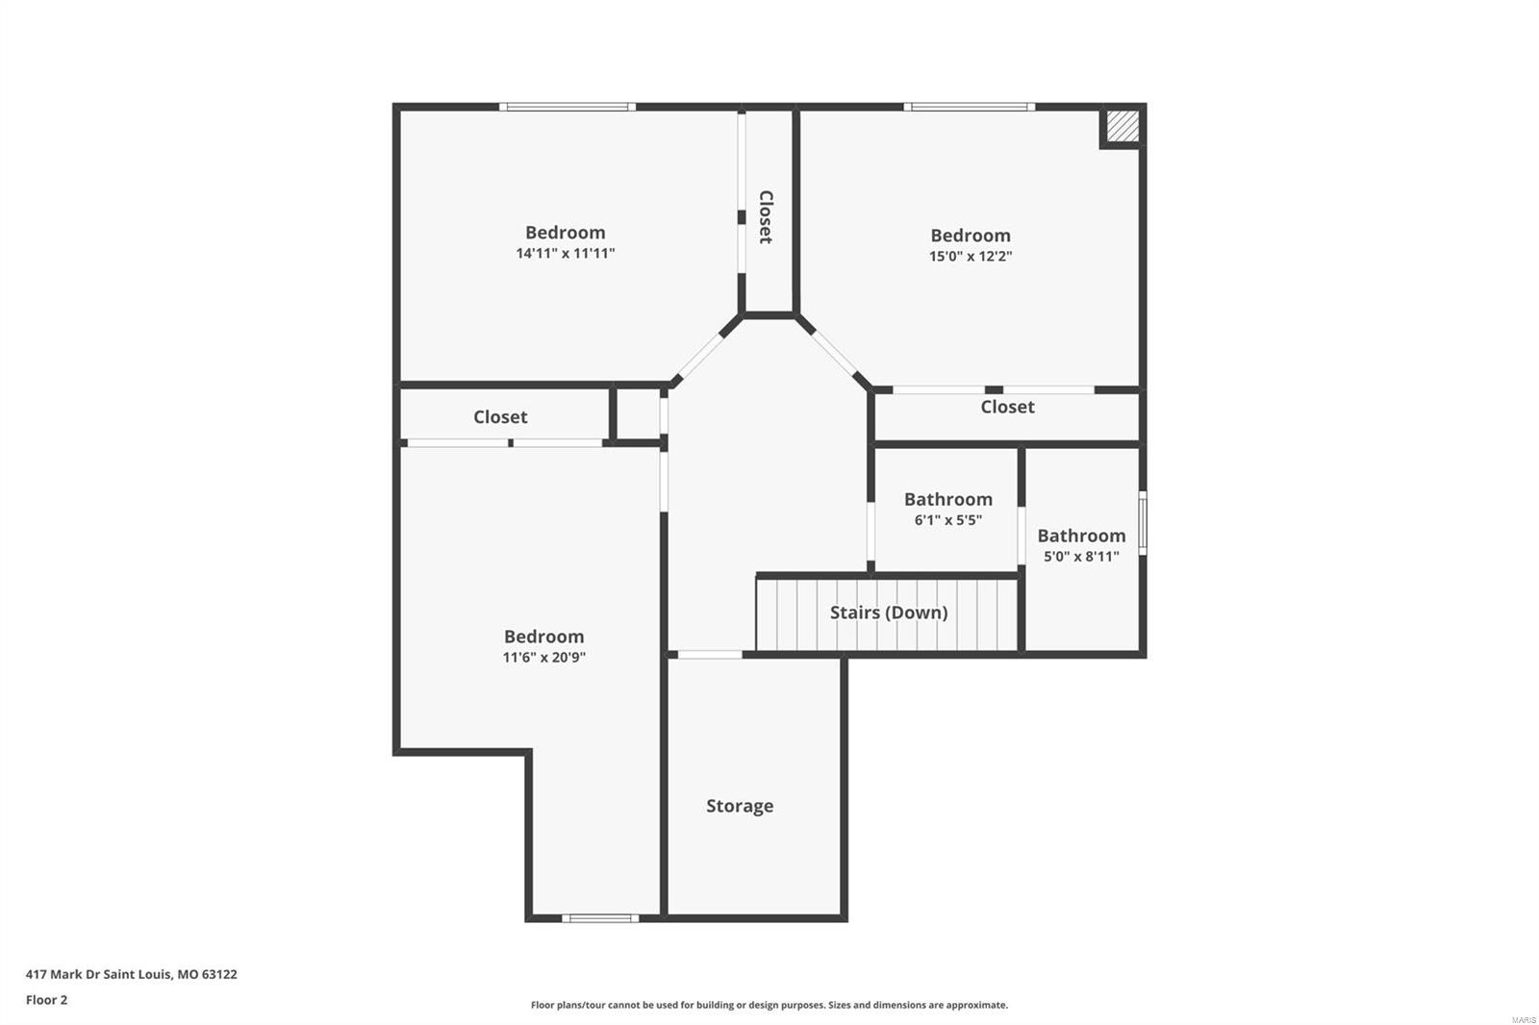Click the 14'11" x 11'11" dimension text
565,254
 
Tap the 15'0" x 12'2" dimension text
970,257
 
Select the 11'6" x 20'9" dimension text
543,658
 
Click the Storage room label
739,806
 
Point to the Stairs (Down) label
888,612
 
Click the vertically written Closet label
766,216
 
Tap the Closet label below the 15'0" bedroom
1007,407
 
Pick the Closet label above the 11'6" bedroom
500,416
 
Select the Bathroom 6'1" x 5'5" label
947,499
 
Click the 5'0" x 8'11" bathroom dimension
1081,557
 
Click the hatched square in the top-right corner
1122,126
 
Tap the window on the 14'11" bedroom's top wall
567,107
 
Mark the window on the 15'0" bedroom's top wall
969,107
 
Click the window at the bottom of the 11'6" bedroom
599,918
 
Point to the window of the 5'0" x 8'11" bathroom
1143,523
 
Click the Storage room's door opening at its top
709,655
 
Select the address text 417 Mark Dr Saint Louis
131,974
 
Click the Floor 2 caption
46,1000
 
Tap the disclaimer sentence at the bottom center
769,1005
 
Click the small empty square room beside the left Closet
637,414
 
